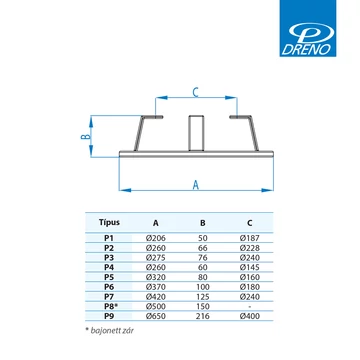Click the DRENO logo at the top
pyautogui.click(x=308, y=28)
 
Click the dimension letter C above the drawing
pyautogui.click(x=196, y=92)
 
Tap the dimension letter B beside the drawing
pyautogui.click(x=85, y=137)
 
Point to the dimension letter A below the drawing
pyautogui.click(x=196, y=184)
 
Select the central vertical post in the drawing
pyautogui.click(x=195, y=133)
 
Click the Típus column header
pyautogui.click(x=109, y=222)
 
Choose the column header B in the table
pyautogui.click(x=203, y=223)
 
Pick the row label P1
pyautogui.click(x=109, y=238)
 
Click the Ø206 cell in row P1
pyautogui.click(x=156, y=238)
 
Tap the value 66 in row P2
pyautogui.click(x=203, y=248)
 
